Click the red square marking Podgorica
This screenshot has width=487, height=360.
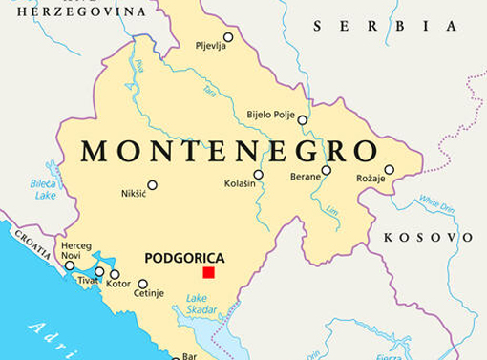(x=207, y=273)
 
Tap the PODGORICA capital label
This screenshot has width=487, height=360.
(x=184, y=257)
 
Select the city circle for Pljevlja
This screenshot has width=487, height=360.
(x=227, y=38)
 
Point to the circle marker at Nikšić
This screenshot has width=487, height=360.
(x=152, y=185)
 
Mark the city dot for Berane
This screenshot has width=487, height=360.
(x=326, y=171)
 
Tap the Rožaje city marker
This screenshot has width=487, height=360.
(x=389, y=169)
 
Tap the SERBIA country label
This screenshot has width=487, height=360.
(x=362, y=26)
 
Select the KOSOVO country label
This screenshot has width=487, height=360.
(x=427, y=237)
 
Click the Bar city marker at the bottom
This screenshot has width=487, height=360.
(x=176, y=358)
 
